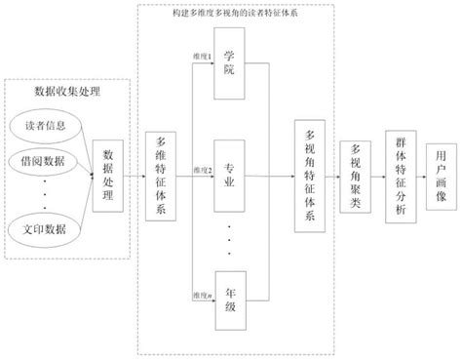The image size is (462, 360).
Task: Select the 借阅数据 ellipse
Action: point(47,159)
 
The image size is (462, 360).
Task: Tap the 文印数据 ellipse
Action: point(47,229)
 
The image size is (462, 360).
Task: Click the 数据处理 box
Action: point(108,176)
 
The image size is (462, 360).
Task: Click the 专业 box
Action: point(230,176)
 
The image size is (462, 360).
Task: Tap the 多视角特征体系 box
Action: point(310,177)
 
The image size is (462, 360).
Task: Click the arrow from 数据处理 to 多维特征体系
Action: point(134,177)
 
